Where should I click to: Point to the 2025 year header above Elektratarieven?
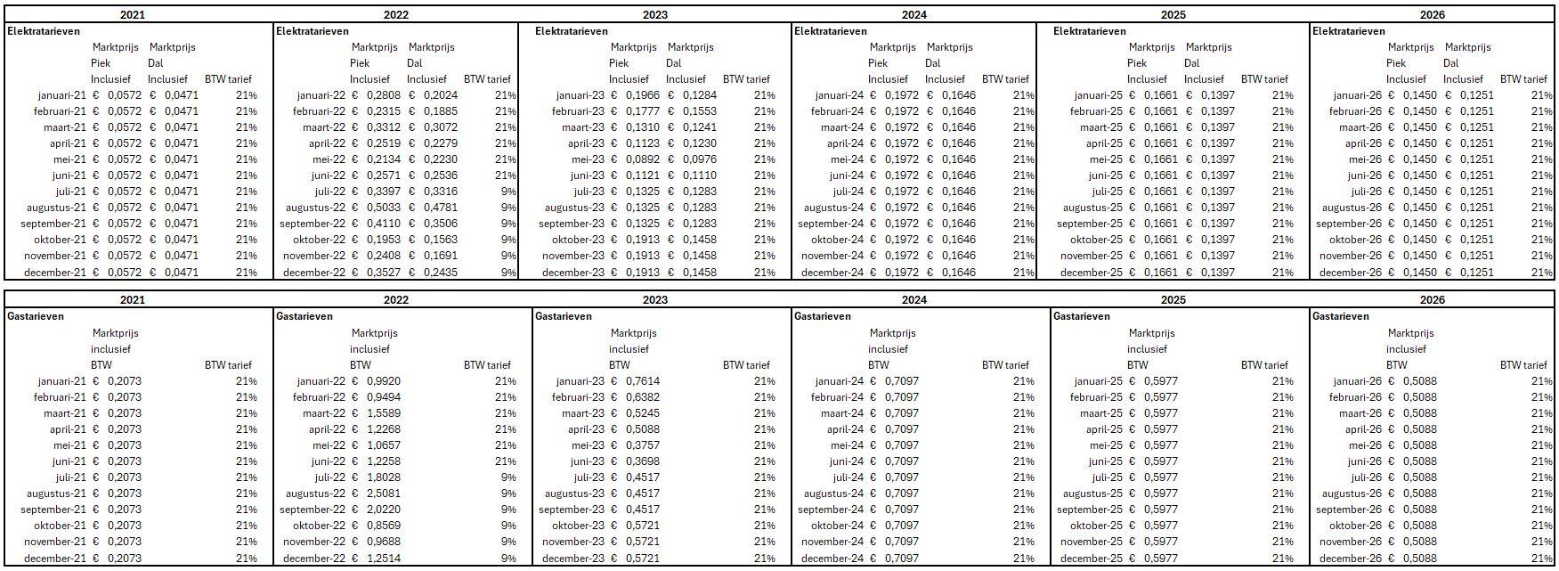coord(1173,14)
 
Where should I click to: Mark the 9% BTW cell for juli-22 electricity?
coord(508,192)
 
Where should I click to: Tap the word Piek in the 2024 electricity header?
coord(878,63)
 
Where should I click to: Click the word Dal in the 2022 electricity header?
coord(415,63)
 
